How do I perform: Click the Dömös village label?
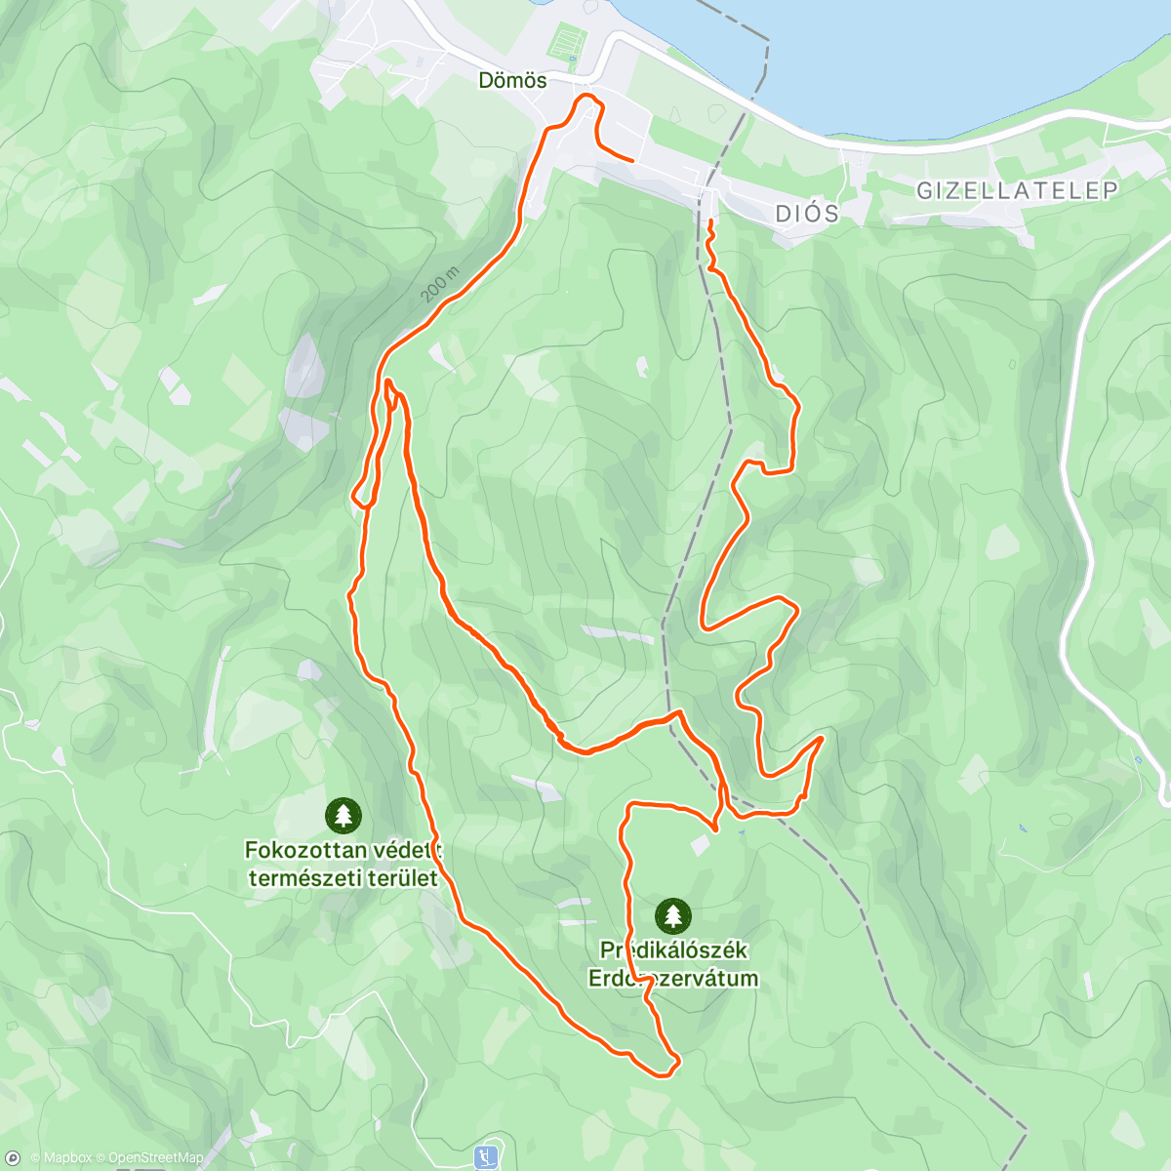[x=512, y=80]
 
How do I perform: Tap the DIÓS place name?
[x=807, y=214]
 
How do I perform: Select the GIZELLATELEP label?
[x=1017, y=190]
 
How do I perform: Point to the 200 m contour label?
[x=440, y=283]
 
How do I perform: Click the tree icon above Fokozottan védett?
[x=343, y=815]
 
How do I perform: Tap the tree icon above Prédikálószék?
[x=671, y=915]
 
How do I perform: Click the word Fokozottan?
[x=304, y=850]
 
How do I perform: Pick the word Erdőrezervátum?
[x=672, y=978]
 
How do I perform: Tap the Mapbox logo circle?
[x=13, y=1158]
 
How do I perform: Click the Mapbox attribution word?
[x=66, y=1158]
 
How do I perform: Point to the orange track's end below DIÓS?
[x=710, y=223]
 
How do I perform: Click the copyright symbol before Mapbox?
[x=34, y=1158]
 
